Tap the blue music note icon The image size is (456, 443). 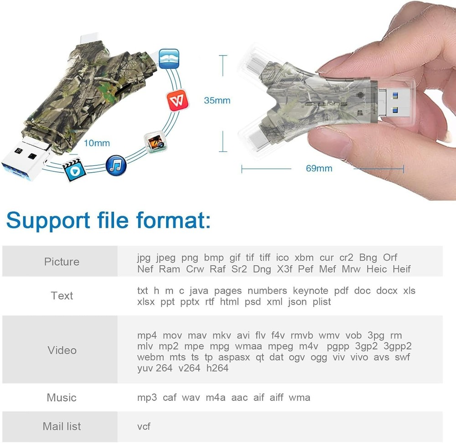tap(116, 165)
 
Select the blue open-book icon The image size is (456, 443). tap(169, 59)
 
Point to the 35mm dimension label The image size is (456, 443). tap(217, 100)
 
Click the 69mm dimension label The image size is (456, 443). tap(319, 169)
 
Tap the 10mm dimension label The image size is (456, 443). tap(97, 143)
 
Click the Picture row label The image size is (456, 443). tap(62, 262)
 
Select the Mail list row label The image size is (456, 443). tap(62, 426)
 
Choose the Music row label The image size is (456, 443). tap(62, 397)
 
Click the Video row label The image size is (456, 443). tap(62, 350)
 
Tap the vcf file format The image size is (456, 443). tap(144, 427)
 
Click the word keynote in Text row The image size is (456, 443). tap(310, 291)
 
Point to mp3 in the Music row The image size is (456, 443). tap(147, 397)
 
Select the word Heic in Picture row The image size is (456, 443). tap(376, 269)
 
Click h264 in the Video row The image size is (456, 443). tap(218, 368)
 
